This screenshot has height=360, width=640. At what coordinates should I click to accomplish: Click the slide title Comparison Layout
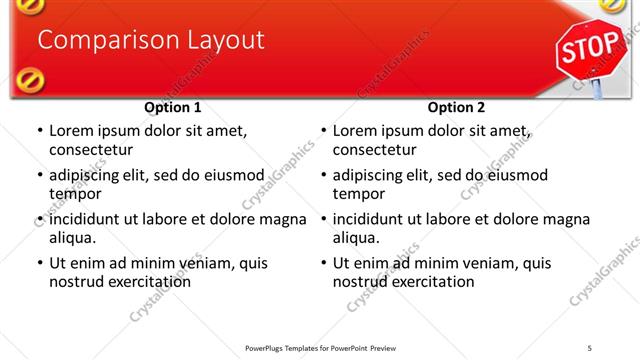pos(150,40)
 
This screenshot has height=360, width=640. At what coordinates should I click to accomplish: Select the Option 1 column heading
pos(173,107)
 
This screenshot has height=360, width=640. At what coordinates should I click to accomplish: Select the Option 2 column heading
pos(456,107)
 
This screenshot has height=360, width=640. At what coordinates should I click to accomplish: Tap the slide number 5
pos(590,348)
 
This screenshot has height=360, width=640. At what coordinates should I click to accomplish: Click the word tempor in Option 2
pos(356,194)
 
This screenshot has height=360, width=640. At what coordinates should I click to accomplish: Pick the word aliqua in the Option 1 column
pos(71,238)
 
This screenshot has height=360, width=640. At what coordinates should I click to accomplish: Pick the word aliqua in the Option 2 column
pos(355,238)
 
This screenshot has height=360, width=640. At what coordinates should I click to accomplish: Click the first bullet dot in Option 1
pos(39,131)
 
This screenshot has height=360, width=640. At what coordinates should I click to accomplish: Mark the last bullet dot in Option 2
pos(323,264)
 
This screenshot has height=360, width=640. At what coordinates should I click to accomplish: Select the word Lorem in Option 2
pos(355,131)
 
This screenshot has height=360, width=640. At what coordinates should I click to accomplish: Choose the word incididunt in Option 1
pos(88,219)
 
